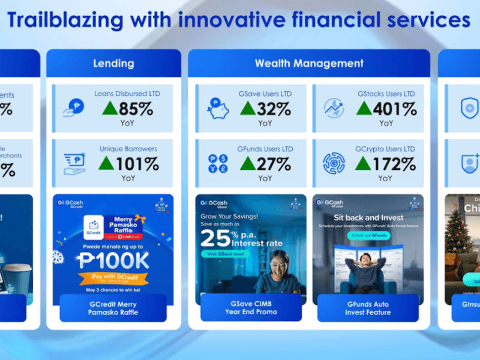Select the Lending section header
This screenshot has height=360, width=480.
point(113,63)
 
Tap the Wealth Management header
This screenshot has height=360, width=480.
point(309,63)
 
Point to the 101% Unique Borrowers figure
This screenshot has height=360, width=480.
point(137,163)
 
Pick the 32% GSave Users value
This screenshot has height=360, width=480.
point(274,109)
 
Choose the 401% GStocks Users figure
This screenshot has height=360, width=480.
point(394,109)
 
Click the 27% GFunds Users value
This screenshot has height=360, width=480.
point(274,163)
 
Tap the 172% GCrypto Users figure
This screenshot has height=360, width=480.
point(394,163)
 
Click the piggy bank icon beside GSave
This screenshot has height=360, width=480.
point(218,108)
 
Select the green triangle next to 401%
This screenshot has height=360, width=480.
point(364,108)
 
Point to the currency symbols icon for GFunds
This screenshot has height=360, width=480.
point(218,163)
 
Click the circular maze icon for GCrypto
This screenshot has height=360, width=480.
point(334,163)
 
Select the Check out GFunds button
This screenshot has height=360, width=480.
point(368,235)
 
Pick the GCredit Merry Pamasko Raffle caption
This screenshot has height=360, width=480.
point(113,308)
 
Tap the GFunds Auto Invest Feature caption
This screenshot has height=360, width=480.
point(368,308)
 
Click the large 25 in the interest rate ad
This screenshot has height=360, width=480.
point(215,239)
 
